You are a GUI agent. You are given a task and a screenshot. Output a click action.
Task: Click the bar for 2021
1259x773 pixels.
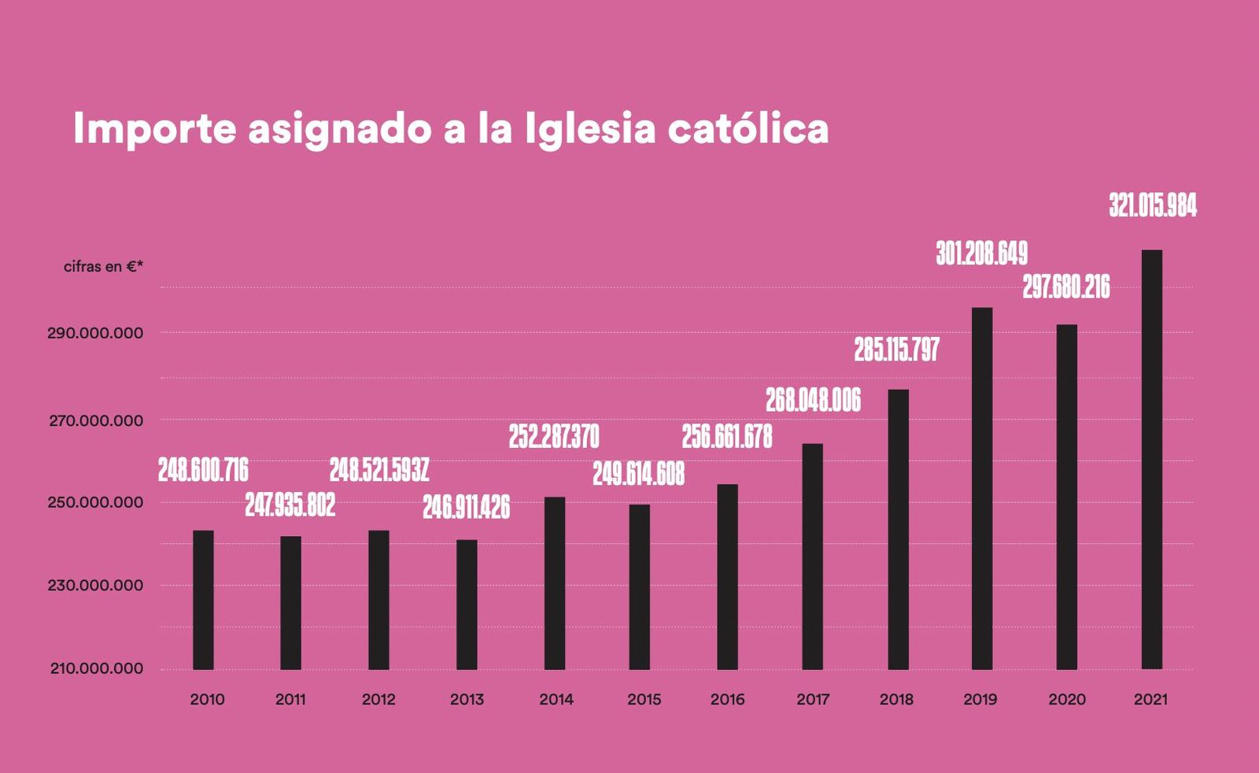pos(1151,460)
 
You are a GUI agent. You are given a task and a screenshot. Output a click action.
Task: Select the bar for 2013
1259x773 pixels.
pos(467,605)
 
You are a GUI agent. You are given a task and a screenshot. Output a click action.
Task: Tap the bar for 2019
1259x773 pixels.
pos(982,488)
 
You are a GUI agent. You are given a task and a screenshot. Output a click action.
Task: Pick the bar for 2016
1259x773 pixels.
pos(728,577)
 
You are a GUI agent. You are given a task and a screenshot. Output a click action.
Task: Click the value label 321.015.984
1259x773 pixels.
pos(1153,205)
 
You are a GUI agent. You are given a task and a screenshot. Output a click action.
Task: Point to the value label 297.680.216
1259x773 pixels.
pos(1066,287)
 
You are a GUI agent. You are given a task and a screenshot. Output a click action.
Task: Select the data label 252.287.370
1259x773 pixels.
pos(554,437)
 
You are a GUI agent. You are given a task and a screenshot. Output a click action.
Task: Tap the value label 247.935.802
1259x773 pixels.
pos(290,505)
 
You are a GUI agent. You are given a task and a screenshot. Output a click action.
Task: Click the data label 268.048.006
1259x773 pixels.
pos(813,401)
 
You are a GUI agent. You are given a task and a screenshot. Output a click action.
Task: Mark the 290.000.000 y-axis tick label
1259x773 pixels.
pos(95,333)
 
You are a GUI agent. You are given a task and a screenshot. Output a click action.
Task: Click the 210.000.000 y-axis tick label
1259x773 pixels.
pos(97,668)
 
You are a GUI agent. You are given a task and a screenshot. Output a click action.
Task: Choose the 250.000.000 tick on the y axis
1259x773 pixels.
pos(95,502)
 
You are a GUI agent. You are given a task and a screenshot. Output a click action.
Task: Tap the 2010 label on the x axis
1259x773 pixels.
pos(207,699)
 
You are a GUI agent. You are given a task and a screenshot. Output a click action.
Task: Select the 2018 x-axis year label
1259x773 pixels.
pos(896,699)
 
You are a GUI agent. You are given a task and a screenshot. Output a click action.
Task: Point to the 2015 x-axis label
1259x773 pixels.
pos(644,699)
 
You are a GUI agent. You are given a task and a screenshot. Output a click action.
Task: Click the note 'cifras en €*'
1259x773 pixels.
pos(103,267)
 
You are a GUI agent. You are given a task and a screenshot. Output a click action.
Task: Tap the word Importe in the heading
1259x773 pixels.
pos(154,129)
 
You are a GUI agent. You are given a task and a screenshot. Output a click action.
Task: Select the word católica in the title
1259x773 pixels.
pos(748,129)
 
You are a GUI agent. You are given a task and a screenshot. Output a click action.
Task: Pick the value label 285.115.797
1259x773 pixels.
pos(897,350)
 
